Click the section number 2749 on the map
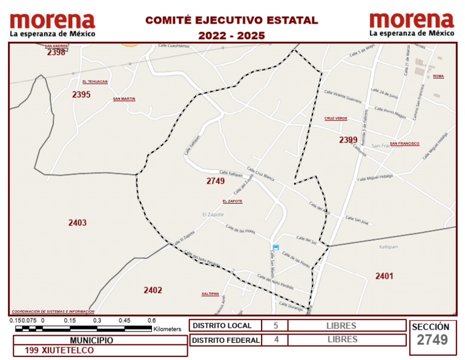[x=215, y=181]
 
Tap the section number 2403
[x=77, y=223]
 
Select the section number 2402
[x=153, y=290]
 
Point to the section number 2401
[x=384, y=276]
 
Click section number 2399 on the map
[x=348, y=140]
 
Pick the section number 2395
[x=81, y=95]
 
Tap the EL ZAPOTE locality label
[x=232, y=201]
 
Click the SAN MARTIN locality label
[x=124, y=99]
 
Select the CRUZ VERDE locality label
[x=336, y=118]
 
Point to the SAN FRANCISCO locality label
[x=404, y=144]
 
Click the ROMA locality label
[x=438, y=76]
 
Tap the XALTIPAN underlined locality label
[x=210, y=294]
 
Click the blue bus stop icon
[x=276, y=247]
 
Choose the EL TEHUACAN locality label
[x=95, y=81]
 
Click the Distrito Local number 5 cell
[x=276, y=325]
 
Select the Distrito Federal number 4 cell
[x=276, y=340]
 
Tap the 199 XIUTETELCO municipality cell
[x=59, y=350]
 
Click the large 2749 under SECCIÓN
[x=432, y=340]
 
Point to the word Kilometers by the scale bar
[x=167, y=329]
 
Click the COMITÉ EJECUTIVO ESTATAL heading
[x=231, y=20]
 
